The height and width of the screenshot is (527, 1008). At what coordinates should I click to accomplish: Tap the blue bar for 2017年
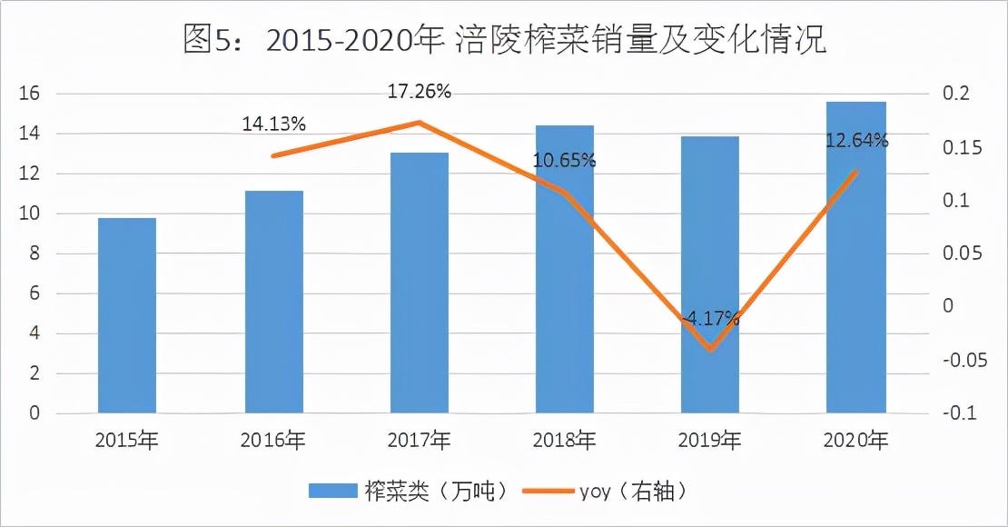(420, 283)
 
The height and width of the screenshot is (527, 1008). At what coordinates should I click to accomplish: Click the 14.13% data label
(273, 124)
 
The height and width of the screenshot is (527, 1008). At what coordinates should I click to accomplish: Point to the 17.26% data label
(420, 92)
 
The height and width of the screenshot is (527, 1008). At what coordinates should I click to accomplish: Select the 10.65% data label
(564, 161)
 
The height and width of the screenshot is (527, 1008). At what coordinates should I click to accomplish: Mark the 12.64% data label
(856, 140)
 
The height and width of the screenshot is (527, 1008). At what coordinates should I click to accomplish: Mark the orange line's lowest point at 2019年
(710, 349)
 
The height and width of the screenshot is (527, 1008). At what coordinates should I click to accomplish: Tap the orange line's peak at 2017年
(420, 122)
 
